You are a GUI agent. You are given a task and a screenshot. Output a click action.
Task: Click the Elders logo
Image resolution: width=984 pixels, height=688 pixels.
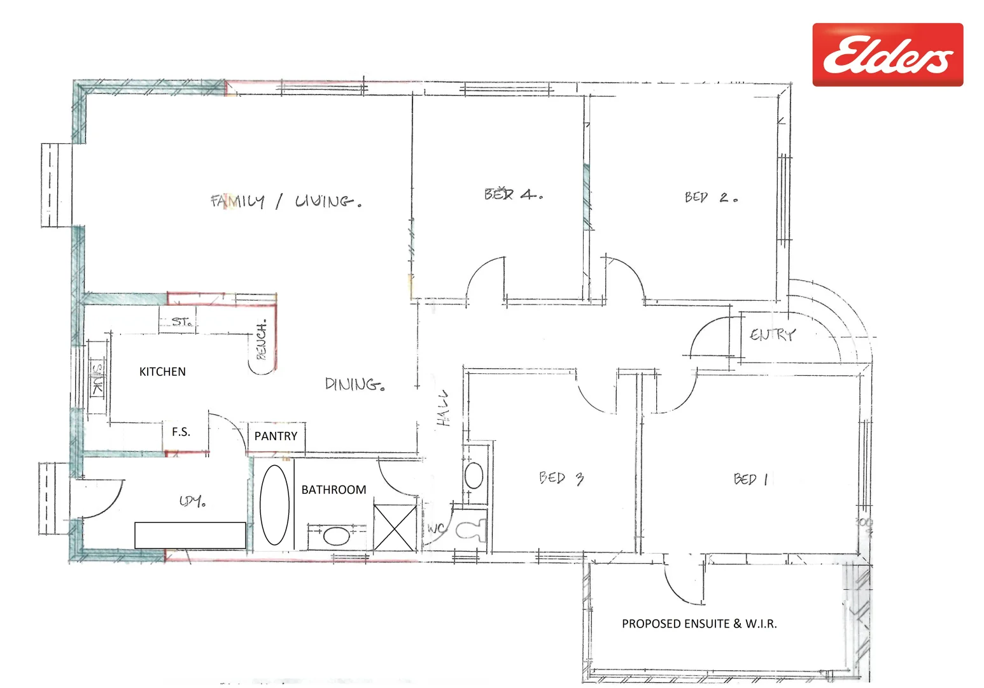pos(887,55)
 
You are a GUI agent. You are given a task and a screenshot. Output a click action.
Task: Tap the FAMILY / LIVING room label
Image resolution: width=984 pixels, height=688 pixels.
pos(286,201)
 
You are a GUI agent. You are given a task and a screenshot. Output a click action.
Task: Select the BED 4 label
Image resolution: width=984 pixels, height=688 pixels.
pos(513,194)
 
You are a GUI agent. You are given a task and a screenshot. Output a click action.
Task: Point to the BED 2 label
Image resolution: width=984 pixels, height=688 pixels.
pos(711,197)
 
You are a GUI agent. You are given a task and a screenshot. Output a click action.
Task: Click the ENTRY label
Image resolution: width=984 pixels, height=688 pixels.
pos(772,334)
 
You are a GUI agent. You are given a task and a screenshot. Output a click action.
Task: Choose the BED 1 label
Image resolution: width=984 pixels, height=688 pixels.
pos(751,479)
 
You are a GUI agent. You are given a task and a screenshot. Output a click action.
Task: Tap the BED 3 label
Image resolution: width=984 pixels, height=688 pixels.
pos(561,478)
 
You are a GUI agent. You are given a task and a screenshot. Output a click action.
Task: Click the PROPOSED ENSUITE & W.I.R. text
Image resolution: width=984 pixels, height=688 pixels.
pos(699,624)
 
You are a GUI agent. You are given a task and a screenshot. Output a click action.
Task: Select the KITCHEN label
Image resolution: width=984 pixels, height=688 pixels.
pos(162,371)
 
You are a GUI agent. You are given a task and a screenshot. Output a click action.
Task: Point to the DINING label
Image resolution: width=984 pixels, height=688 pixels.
pos(355,384)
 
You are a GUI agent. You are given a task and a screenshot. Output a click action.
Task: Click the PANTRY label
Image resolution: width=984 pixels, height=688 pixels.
pos(276,436)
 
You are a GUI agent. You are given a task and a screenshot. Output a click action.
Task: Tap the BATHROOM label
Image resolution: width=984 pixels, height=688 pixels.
pos(334,489)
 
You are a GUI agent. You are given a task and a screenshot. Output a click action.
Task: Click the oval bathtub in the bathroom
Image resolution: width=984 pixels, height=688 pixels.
pos(274,505)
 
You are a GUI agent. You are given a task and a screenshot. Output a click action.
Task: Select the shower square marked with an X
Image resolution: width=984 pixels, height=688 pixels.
pos(394,527)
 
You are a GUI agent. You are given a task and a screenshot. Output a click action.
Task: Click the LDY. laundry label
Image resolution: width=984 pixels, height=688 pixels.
pos(192,501)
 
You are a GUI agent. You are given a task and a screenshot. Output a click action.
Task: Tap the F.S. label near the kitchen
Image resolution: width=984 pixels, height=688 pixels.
pos(181,432)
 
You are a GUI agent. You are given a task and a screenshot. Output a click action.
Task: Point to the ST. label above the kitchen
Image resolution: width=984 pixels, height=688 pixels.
pos(181,322)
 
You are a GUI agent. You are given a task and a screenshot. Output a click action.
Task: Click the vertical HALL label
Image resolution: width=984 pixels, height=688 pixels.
pos(443,408)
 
